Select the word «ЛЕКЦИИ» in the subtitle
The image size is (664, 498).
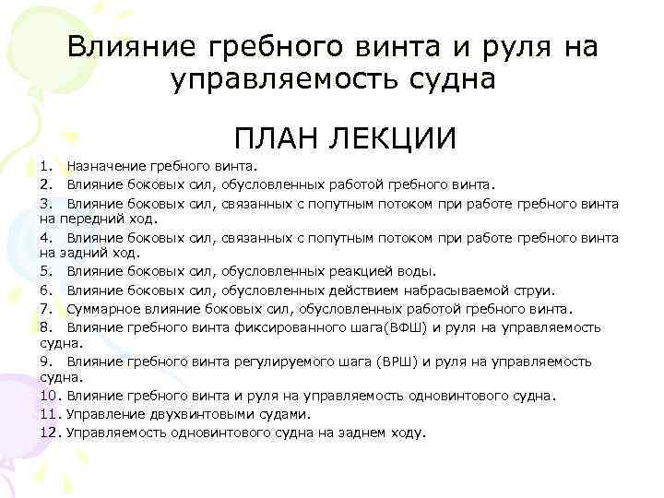(391, 138)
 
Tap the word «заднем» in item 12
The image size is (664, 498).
(355, 432)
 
